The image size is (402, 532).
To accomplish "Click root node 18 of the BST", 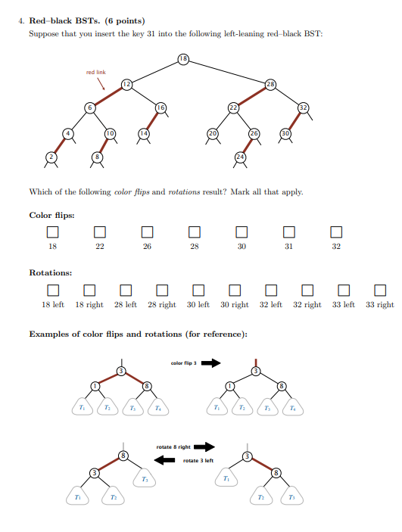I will [184, 58].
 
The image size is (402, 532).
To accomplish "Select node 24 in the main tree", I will [241, 157].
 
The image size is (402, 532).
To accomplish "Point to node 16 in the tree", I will [160, 108].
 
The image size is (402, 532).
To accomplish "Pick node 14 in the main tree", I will [142, 133].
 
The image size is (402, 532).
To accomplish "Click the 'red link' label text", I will [96, 72].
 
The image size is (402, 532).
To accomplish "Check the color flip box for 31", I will [288, 231].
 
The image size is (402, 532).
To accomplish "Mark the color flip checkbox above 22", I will [100, 231].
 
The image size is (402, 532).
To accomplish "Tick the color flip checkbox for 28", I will [195, 231].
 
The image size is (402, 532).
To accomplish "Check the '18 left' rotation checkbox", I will [52, 290].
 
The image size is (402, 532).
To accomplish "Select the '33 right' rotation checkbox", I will [380, 290].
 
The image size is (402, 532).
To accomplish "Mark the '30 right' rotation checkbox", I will [234, 290].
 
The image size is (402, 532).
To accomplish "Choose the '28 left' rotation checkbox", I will [125, 290].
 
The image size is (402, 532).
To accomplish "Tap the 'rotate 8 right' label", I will [175, 447].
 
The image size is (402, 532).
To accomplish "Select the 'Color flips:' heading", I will [51, 214].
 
